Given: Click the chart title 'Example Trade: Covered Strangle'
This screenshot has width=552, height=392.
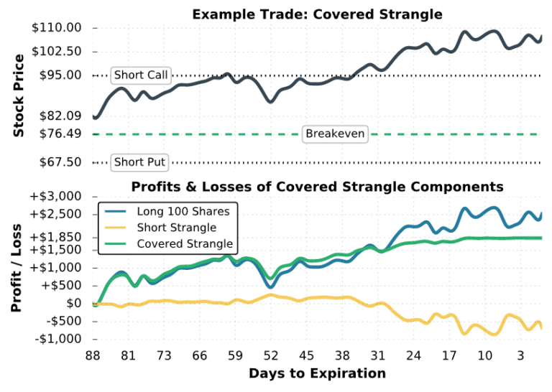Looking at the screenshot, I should point(317,14).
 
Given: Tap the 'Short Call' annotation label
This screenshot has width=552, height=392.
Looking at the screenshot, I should point(141,75).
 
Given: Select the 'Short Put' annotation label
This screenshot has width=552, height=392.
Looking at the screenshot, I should point(139,162).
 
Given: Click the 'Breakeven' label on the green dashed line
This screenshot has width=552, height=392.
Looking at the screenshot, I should point(335,134).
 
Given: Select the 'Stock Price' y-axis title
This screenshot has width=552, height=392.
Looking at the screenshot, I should point(19,95).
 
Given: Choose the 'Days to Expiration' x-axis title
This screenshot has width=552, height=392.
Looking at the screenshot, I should point(317,373).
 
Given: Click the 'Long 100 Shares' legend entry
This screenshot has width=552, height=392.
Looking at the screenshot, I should point(183,211).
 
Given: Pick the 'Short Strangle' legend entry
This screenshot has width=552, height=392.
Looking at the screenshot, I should point(175,228).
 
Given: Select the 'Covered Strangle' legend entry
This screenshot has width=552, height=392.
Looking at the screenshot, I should point(184,244).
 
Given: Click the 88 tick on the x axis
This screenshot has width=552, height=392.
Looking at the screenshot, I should point(93,355).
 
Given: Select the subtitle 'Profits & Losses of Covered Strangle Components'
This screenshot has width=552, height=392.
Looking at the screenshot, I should point(317,187).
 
